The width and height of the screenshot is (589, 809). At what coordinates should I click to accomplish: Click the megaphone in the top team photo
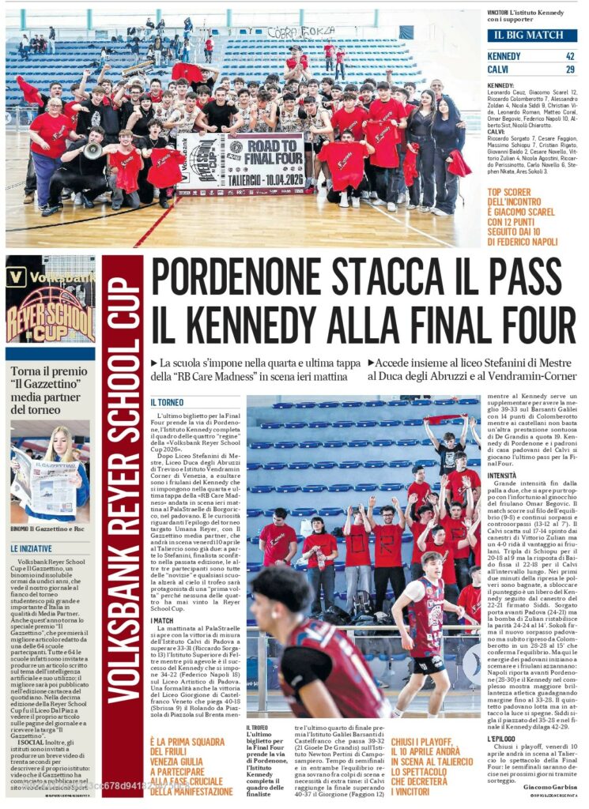tap(93, 149)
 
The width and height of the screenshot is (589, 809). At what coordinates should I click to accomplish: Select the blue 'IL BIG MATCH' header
tap(531, 36)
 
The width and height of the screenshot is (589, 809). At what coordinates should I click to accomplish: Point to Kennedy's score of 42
tap(569, 56)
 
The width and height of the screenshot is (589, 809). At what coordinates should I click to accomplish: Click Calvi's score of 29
tap(569, 70)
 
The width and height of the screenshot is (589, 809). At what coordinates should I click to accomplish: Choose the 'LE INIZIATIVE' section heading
tap(32, 547)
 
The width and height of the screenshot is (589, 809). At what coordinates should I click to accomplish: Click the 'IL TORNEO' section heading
tap(167, 402)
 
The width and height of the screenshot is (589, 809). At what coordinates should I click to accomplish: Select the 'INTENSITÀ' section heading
tap(502, 476)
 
